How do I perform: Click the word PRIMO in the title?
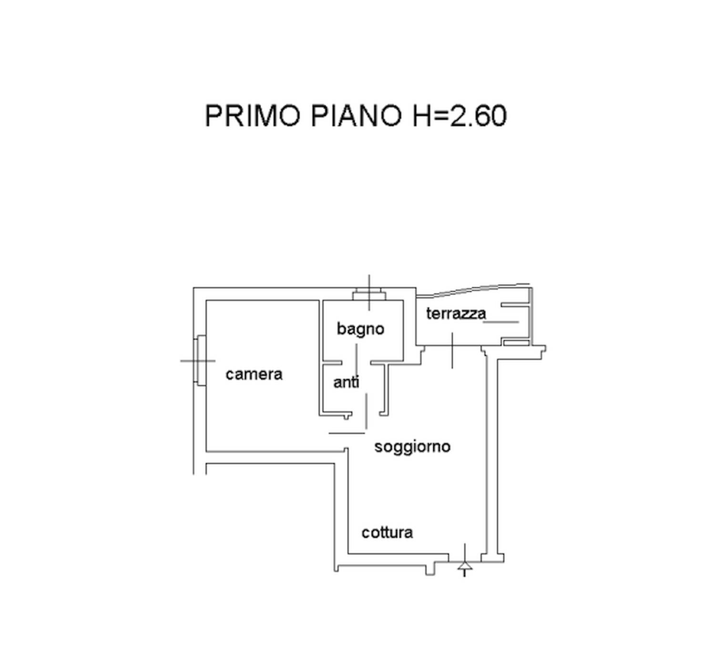coord(253,116)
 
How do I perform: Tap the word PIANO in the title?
coord(357,116)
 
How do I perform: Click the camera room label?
coord(254,374)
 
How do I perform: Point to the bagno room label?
coord(360,329)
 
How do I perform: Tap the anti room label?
coord(346,383)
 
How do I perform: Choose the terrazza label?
coord(456,313)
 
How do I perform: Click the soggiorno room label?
coord(412,447)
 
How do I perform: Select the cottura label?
coord(387,533)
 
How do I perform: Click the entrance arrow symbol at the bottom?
coord(465,566)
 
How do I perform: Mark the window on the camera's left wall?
coord(200,360)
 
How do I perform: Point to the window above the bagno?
coord(369,296)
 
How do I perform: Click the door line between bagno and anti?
coord(356,360)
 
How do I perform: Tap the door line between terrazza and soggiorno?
coord(452,350)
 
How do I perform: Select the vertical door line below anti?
coord(366,411)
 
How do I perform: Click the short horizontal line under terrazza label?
coord(501,322)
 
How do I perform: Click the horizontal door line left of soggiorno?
coord(347,434)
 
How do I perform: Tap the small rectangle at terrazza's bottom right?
coord(516,343)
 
